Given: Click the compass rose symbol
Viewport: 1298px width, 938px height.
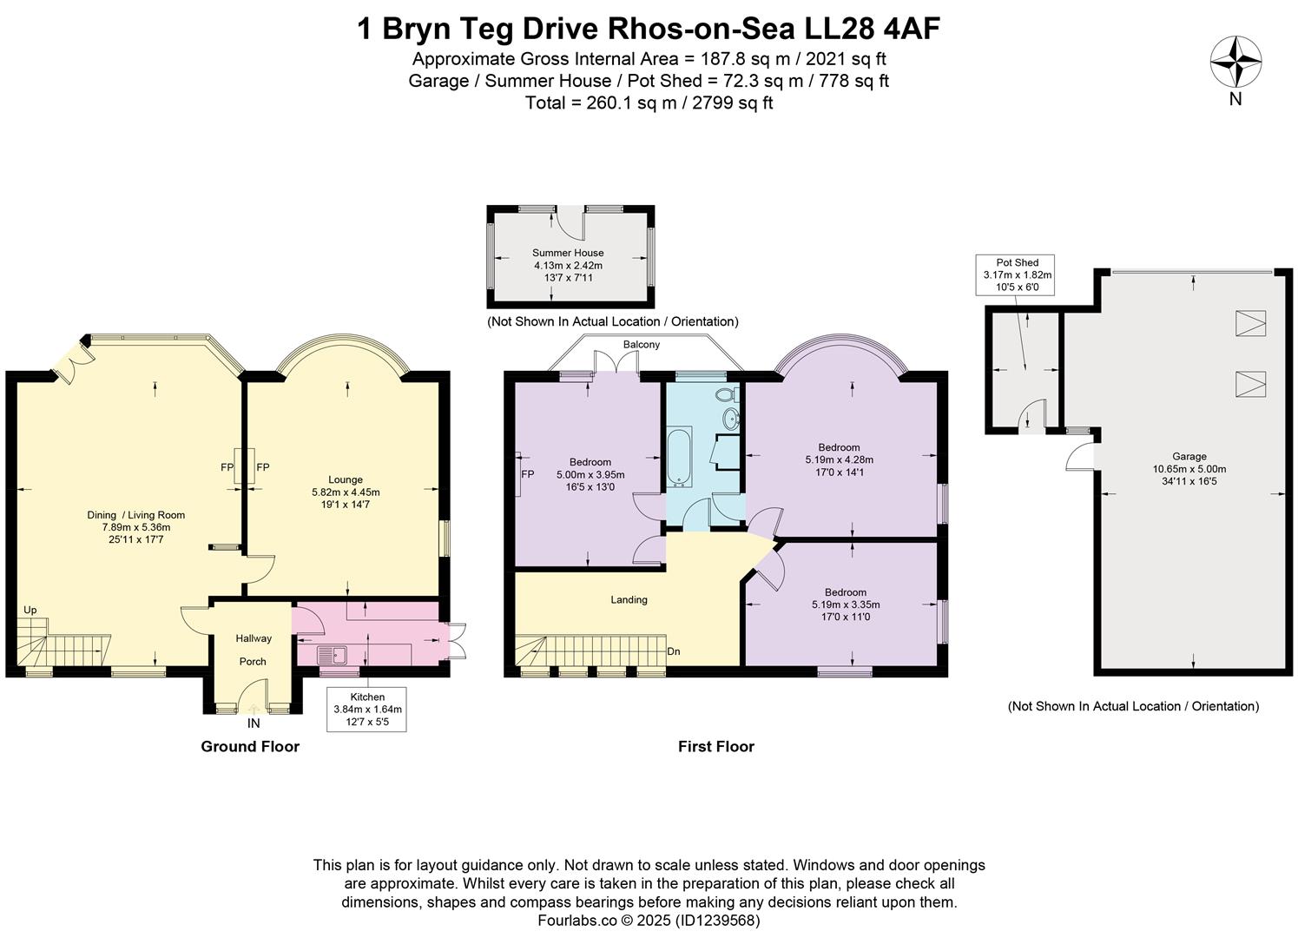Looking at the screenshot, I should tap(1235, 62).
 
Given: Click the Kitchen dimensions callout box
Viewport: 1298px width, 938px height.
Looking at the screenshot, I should tap(366, 708).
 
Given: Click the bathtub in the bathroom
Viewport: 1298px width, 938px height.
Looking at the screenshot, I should tap(677, 457).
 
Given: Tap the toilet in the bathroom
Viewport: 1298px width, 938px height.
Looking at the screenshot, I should tap(726, 396).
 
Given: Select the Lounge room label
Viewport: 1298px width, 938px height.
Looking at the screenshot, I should tap(346, 479).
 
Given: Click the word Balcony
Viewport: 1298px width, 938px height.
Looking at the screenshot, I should tap(641, 345).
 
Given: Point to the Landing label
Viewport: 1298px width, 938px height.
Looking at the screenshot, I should tap(629, 599).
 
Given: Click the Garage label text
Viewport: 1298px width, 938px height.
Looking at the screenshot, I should tap(1189, 456).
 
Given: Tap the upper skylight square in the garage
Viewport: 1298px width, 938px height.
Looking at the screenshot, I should tap(1249, 323).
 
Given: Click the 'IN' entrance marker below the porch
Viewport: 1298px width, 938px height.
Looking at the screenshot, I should tap(254, 723).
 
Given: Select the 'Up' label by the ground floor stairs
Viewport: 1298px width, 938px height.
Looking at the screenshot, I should tap(30, 610).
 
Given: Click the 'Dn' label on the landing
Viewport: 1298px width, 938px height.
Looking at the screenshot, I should tap(673, 651).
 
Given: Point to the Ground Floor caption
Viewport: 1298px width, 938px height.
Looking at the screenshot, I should tap(250, 746).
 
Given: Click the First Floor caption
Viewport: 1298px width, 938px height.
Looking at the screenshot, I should tap(715, 746).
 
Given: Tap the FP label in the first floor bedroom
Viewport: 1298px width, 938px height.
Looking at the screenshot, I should tap(527, 474).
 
